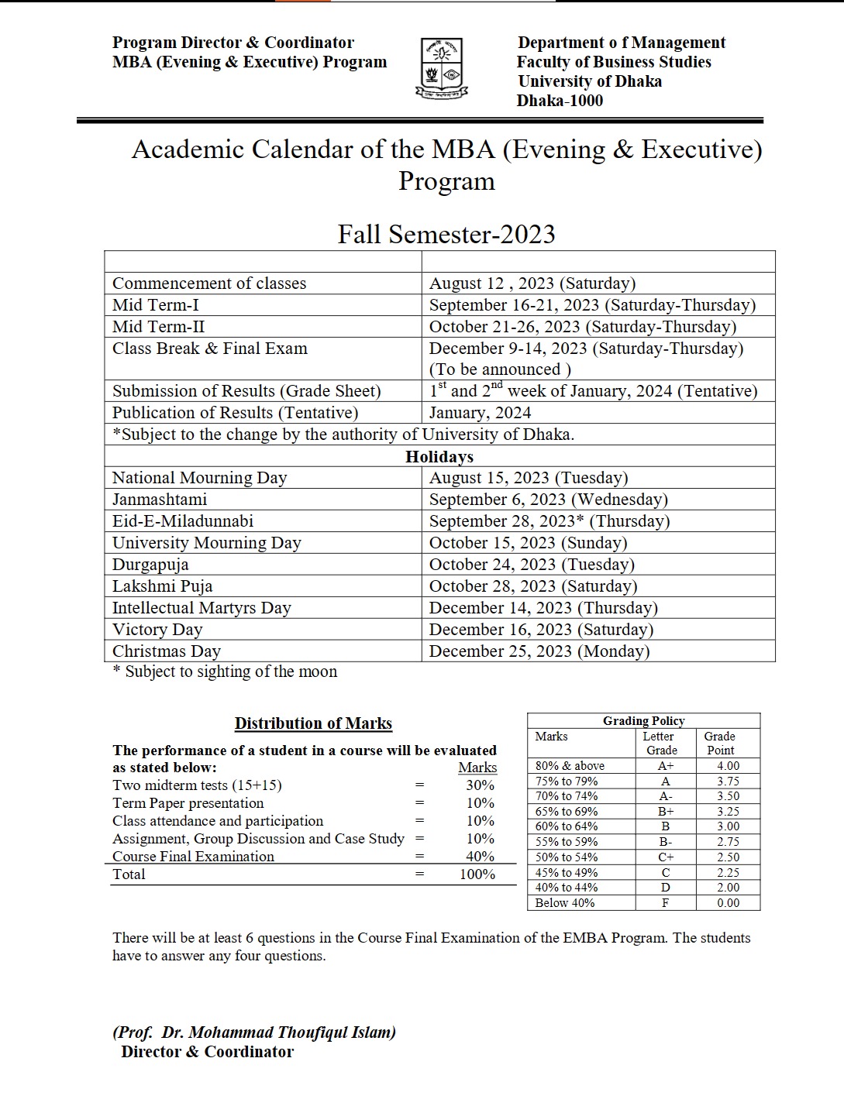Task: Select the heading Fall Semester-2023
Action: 446,234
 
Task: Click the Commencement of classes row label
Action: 209,283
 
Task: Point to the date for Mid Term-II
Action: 582,327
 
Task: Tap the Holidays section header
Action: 439,456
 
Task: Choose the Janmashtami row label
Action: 160,500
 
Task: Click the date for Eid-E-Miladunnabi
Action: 549,521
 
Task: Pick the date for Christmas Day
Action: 539,651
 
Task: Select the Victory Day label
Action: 157,630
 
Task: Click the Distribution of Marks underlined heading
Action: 313,723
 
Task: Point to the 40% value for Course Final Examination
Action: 480,857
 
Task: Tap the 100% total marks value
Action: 477,874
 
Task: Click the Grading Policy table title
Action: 643,721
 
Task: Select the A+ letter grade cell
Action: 665,766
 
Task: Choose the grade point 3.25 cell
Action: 728,812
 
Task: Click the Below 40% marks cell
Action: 565,903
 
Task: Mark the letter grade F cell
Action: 665,903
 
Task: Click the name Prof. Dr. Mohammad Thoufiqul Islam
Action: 254,1032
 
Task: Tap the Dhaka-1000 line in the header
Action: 560,101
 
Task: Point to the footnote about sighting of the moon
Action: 226,672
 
